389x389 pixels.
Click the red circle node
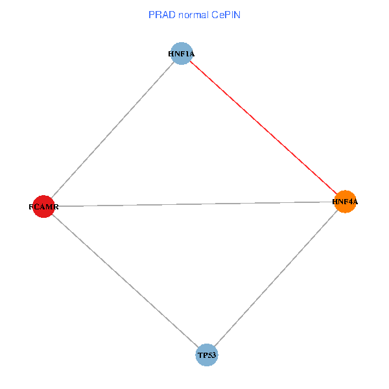43,207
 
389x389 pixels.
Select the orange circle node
345,202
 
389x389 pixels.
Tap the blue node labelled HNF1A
182,54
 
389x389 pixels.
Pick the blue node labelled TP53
207,355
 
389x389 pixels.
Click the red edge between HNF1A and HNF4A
263,128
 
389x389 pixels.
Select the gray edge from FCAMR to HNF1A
112,130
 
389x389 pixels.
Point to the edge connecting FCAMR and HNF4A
194,204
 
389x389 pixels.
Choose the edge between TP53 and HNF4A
276,278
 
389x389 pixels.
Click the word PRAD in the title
160,14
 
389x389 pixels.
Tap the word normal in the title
191,14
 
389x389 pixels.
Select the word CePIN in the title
226,14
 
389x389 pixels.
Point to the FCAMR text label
43,207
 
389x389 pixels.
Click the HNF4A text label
345,202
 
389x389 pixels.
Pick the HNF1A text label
181,54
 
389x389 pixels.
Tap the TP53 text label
207,355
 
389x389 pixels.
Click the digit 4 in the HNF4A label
349,202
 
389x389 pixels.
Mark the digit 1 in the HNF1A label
185,54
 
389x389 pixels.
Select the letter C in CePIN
213,14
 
